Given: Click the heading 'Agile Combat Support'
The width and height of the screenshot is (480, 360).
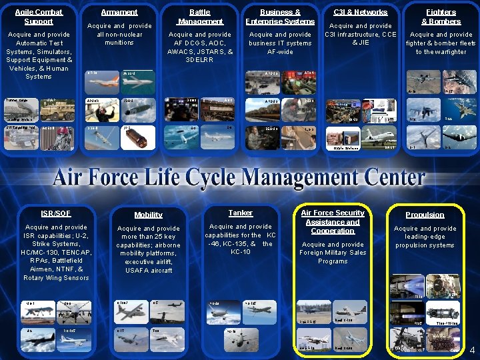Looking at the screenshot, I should pyautogui.click(x=39, y=17).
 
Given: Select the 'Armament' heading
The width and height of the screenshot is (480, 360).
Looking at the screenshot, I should pyautogui.click(x=119, y=12).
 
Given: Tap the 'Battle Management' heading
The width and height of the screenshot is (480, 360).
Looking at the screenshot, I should pyautogui.click(x=199, y=17).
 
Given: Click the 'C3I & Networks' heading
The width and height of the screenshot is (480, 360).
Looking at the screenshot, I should pyautogui.click(x=360, y=12).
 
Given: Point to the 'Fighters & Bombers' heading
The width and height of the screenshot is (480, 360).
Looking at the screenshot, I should pyautogui.click(x=441, y=17).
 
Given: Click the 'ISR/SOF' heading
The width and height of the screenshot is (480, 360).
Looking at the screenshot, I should pyautogui.click(x=55, y=213).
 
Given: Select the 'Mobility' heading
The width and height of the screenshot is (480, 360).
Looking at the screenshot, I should pyautogui.click(x=148, y=215).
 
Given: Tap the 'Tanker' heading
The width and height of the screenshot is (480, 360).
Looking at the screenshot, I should pyautogui.click(x=240, y=213).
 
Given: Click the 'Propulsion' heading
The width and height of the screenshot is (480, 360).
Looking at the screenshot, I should pyautogui.click(x=425, y=215).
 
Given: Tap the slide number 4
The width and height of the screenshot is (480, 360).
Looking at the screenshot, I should pyautogui.click(x=472, y=351).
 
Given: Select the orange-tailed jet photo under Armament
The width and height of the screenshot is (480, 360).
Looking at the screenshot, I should pyautogui.click(x=102, y=81).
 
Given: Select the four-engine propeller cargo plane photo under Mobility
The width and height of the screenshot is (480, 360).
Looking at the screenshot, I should pyautogui.click(x=133, y=313).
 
